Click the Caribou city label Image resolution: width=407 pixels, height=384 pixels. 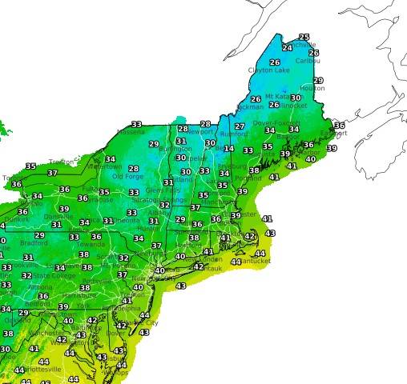point(308,61)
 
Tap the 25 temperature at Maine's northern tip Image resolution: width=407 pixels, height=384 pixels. point(304,37)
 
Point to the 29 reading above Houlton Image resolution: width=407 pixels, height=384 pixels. point(318,80)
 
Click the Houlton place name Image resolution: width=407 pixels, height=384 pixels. point(312,88)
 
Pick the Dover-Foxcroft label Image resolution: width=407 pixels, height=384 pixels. point(275,122)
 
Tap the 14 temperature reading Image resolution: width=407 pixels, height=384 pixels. point(229,148)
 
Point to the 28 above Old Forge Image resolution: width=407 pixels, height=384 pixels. point(134,169)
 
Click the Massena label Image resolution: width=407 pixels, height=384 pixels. point(130,132)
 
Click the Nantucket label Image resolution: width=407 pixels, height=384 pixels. point(256,262)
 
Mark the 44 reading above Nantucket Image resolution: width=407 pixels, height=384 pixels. point(260,254)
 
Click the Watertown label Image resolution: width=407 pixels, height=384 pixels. point(107,166)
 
